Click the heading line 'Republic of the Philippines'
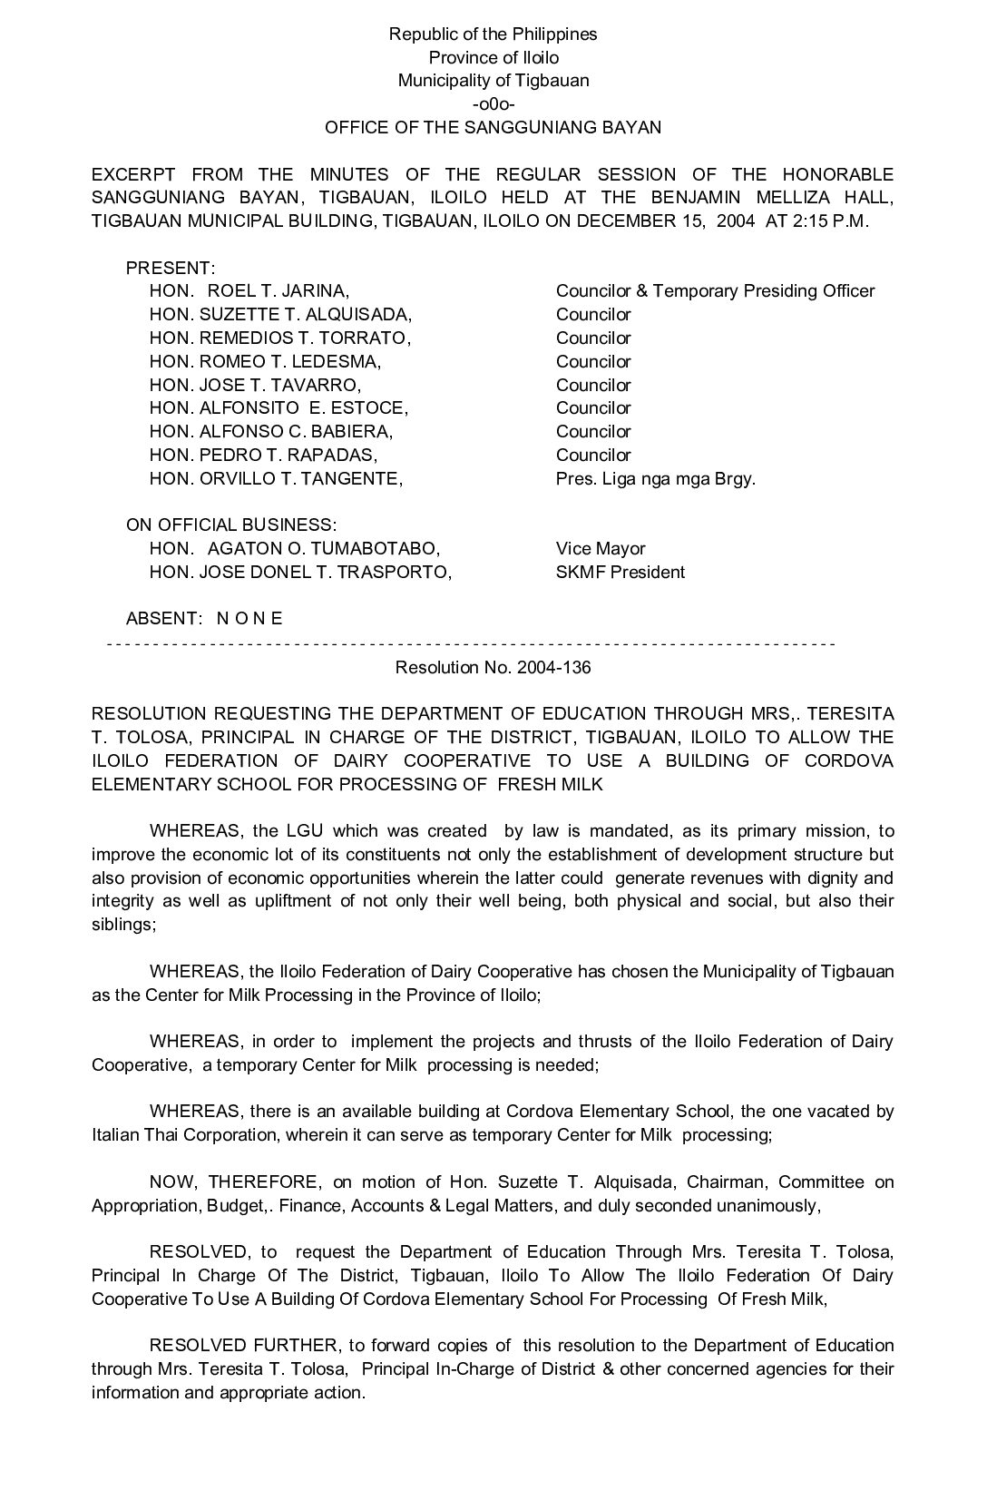coord(493,34)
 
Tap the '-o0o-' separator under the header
coord(493,104)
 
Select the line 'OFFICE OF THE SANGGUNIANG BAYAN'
coord(493,128)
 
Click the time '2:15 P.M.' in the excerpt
coord(831,221)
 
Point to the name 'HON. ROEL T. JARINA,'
coord(249,291)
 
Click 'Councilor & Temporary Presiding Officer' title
coord(715,291)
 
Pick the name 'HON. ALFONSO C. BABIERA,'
coord(271,432)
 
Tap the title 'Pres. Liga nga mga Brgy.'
coord(655,478)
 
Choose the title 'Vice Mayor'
coord(601,549)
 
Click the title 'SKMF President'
coord(620,573)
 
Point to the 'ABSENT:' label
coord(163,619)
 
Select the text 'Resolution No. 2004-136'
coord(493,668)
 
